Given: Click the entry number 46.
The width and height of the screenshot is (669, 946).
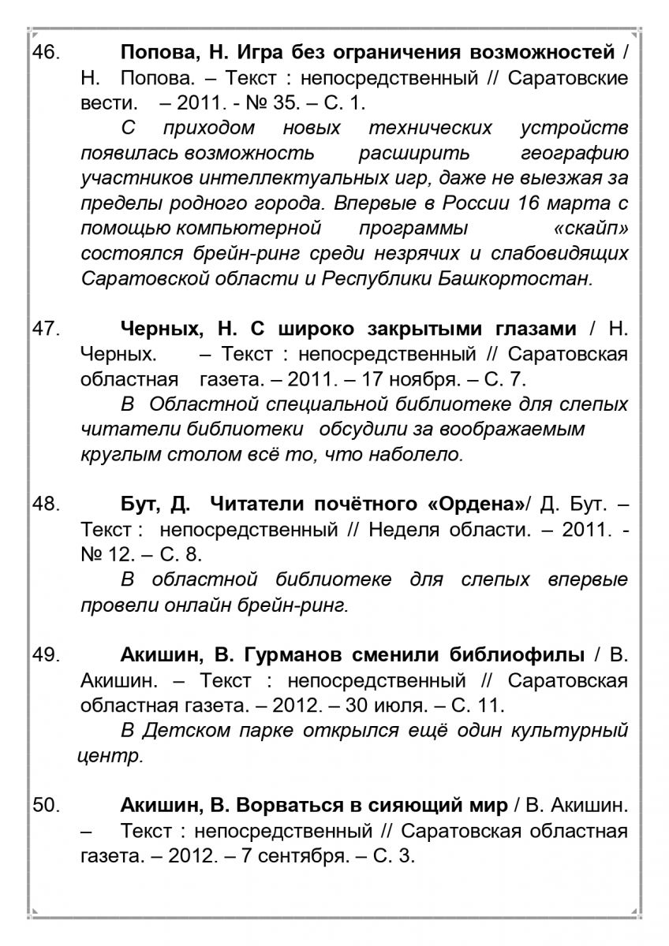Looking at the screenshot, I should pyautogui.click(x=45, y=53).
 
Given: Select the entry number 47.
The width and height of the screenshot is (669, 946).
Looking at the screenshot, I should pyautogui.click(x=45, y=329).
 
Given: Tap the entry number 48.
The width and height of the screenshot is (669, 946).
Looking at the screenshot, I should pyautogui.click(x=45, y=504).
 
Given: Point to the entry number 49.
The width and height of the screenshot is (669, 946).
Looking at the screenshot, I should pyautogui.click(x=45, y=654).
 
